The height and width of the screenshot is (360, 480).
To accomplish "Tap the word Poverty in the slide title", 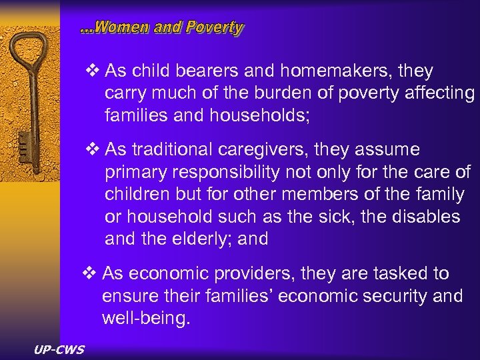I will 215,27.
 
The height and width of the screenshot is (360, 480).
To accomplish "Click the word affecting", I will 440,93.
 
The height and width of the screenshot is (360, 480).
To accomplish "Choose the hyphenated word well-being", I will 145,319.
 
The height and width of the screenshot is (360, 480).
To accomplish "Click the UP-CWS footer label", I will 59,349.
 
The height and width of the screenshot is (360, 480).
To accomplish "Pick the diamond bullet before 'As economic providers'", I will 90,273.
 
